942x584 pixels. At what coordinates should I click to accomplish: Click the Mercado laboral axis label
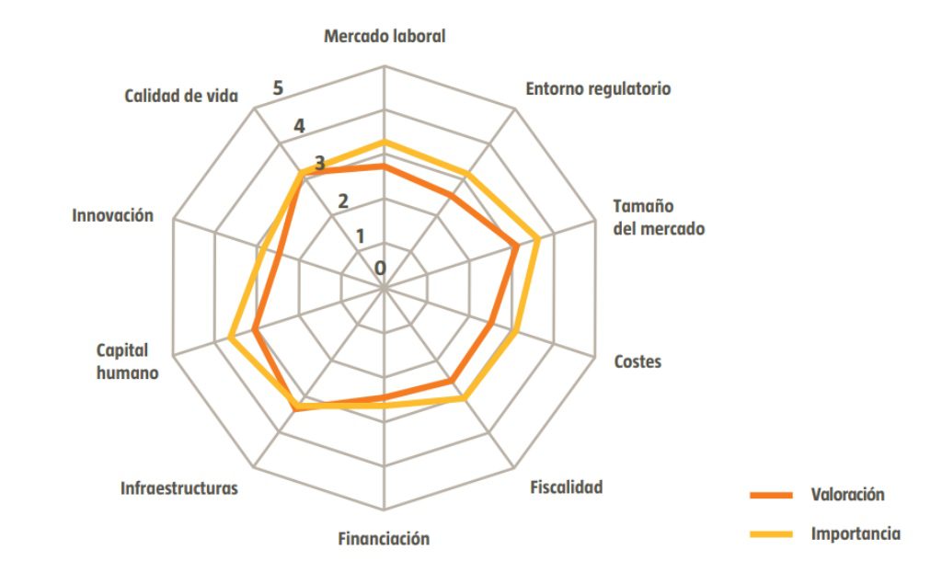click(x=385, y=36)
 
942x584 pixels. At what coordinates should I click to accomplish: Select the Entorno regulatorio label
click(x=598, y=89)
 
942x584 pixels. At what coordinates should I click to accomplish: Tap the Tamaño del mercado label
click(x=659, y=217)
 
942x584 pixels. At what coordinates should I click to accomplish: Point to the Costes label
click(x=638, y=361)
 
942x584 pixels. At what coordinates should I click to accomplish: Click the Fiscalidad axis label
click(x=566, y=487)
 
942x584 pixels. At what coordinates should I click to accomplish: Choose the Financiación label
click(x=384, y=538)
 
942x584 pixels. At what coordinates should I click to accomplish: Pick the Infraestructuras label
click(x=179, y=487)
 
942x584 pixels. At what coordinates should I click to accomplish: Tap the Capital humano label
click(x=127, y=361)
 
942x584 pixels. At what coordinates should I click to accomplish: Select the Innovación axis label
click(x=112, y=215)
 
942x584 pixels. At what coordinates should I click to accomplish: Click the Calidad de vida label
click(x=181, y=97)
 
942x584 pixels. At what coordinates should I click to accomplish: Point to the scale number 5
click(x=278, y=88)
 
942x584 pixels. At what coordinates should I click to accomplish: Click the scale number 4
click(x=299, y=126)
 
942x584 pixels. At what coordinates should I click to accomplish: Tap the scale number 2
click(x=342, y=201)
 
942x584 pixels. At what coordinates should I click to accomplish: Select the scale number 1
click(x=360, y=236)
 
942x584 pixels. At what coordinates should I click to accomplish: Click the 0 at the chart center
click(x=380, y=268)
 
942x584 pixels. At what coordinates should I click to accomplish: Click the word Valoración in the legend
click(x=847, y=495)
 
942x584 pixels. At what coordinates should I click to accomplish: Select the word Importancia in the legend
click(x=856, y=533)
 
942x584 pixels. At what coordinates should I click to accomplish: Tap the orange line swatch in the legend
click(x=772, y=495)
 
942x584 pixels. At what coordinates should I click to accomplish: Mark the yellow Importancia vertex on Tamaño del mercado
click(x=537, y=239)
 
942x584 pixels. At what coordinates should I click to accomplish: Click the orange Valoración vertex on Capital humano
click(x=255, y=330)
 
